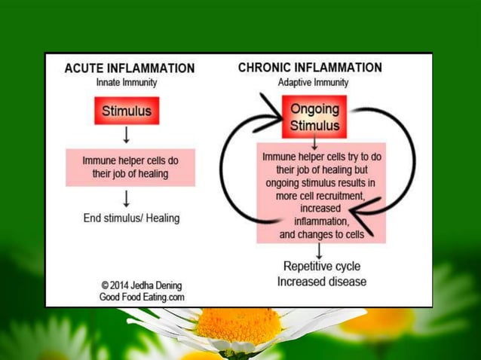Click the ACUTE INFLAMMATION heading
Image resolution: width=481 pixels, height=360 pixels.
[x=129, y=69]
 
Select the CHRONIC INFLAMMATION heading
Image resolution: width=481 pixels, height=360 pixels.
[x=310, y=68]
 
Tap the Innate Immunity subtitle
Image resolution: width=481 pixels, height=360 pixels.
[x=126, y=82]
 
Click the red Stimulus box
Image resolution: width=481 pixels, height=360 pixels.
[x=127, y=111]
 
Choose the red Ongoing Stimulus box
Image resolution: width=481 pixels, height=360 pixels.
[x=314, y=117]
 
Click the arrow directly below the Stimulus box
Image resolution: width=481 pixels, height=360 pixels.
[x=127, y=135]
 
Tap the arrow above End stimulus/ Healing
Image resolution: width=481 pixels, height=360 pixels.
[x=127, y=197]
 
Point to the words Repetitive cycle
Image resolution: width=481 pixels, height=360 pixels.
[x=321, y=266]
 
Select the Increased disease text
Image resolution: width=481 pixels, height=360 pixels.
[x=321, y=282]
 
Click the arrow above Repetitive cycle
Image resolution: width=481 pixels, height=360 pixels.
[x=320, y=250]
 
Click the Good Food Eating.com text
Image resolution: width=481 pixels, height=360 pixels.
[x=142, y=297]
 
